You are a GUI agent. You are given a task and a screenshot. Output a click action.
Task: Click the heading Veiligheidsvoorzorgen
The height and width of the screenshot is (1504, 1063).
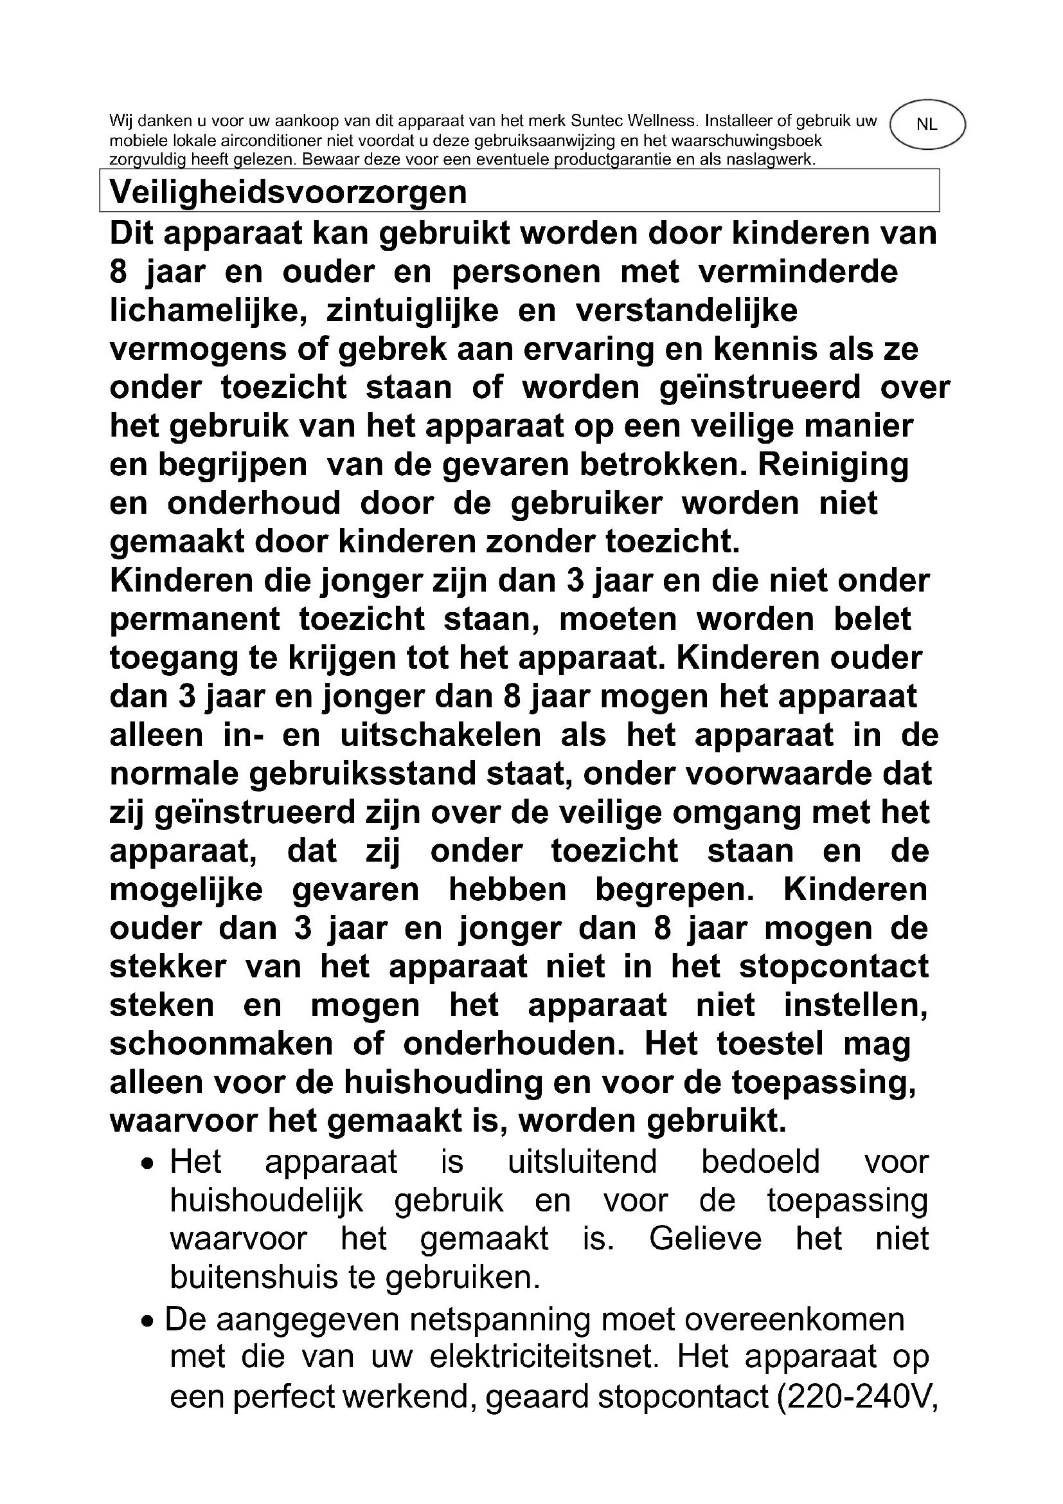coord(288,192)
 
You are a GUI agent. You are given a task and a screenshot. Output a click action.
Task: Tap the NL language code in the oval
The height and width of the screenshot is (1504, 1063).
coord(926,125)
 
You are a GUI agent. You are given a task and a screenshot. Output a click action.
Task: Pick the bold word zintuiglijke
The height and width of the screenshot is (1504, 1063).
coord(413,311)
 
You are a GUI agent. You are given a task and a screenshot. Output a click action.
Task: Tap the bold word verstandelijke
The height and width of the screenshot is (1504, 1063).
coord(686,311)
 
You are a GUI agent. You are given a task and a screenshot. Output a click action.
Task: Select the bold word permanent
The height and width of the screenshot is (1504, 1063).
coord(194,619)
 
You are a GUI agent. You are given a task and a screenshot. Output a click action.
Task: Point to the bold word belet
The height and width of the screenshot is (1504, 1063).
coord(872,619)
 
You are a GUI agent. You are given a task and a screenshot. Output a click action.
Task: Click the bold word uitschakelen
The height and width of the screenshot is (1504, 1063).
coord(440,735)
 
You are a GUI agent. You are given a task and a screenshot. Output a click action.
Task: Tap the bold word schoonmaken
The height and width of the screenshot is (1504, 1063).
coord(220,1044)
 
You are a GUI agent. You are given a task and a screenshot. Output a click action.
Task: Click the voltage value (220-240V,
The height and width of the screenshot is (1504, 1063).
coord(857,1395)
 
